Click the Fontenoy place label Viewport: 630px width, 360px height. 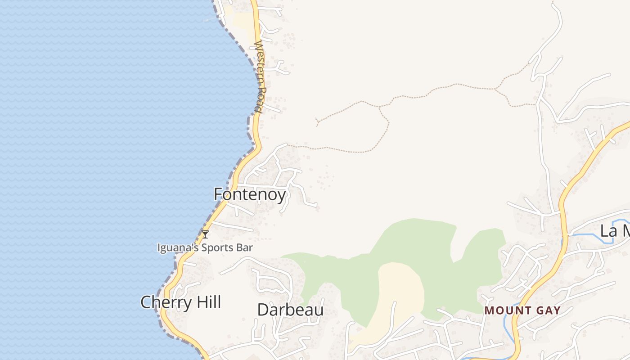[x=250, y=194]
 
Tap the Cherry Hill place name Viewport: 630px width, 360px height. [x=180, y=302]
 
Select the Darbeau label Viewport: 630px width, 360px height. [x=290, y=310]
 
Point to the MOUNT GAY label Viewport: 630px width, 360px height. [x=522, y=310]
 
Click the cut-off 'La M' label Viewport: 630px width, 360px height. [x=615, y=231]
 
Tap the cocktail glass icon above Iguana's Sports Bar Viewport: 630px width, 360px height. [x=205, y=234]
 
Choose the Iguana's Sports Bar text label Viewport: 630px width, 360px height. [x=205, y=247]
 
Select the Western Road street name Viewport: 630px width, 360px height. [x=260, y=76]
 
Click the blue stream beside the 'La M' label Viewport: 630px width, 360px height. [x=589, y=234]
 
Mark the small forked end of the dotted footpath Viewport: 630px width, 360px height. [x=317, y=121]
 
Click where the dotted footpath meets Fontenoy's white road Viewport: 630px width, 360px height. [x=287, y=145]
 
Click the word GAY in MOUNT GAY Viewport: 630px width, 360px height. [x=548, y=310]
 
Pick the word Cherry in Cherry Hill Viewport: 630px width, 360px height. [x=165, y=302]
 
